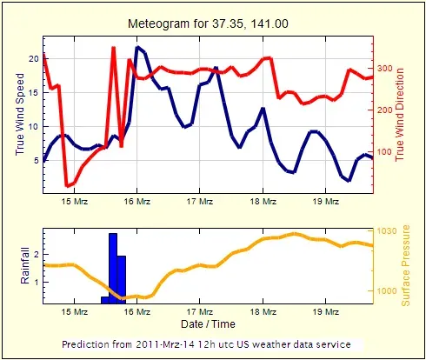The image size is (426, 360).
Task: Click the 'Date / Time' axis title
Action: tap(208, 323)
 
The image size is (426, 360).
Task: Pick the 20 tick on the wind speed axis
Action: tap(34, 58)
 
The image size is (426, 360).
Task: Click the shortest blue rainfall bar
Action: tap(104, 299)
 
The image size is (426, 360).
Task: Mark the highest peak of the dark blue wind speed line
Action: tap(138, 47)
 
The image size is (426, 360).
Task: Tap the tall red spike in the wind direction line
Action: tap(114, 48)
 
